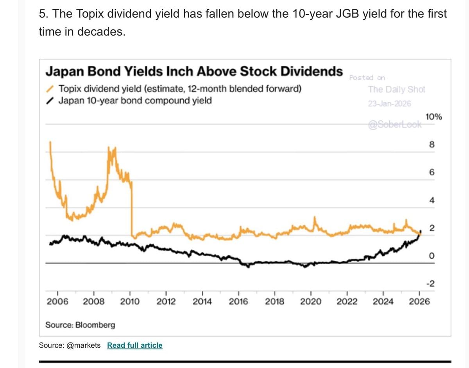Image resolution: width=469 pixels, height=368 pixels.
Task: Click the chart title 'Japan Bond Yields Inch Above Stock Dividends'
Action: tap(194, 72)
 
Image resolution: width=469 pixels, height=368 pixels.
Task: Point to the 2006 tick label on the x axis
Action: tap(57, 301)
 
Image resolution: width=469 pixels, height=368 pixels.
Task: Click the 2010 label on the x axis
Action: tap(130, 301)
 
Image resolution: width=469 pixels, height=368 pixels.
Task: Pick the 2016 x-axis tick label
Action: tap(238, 301)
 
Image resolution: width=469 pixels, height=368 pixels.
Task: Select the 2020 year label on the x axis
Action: tap(311, 301)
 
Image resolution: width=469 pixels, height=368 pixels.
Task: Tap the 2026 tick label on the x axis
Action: tap(419, 301)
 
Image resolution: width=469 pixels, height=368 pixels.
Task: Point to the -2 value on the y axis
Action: tap(430, 284)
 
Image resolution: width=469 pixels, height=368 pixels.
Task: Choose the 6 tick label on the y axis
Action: tap(431, 173)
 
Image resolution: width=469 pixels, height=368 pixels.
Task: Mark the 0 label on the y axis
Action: tap(431, 256)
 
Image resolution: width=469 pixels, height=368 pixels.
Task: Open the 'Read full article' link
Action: tap(135, 345)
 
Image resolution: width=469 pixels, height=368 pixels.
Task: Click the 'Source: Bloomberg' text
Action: tap(81, 325)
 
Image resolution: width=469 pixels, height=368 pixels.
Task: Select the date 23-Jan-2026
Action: tap(389, 104)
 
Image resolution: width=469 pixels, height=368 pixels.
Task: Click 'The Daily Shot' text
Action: tap(396, 89)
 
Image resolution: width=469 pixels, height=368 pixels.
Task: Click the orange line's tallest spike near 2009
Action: tap(114, 149)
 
